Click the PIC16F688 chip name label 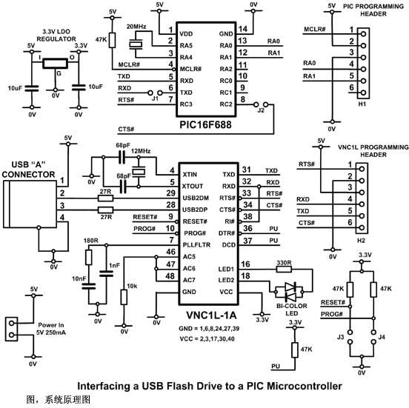205,125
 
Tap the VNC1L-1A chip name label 211,315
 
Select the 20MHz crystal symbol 136,44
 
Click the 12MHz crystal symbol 139,172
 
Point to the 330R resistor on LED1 284,269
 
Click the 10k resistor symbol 124,297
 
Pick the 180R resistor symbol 89,257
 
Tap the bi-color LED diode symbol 290,292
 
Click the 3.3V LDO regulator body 55,64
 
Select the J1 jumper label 155,98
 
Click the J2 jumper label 261,110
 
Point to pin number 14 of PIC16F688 243,29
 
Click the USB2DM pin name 196,198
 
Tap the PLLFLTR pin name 196,245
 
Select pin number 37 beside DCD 247,241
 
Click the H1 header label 362,104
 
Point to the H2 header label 361,241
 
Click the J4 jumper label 382,337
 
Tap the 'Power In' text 51,325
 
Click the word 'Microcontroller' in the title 294,386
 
